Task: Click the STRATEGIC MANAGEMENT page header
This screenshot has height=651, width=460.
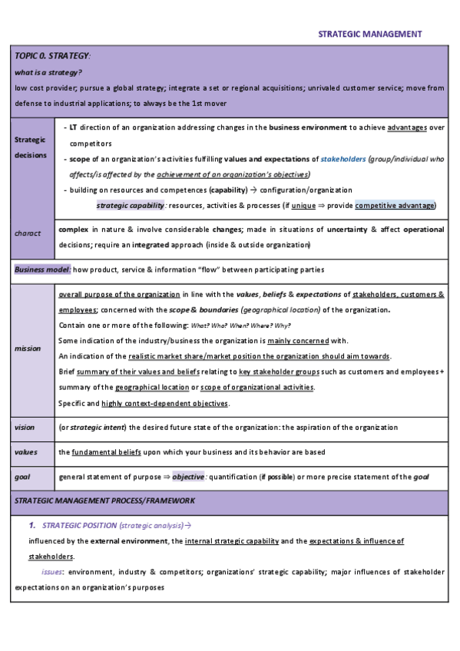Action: (369, 34)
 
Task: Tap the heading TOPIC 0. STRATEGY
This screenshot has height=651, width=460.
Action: (52, 57)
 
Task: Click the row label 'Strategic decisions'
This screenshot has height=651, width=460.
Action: (31, 147)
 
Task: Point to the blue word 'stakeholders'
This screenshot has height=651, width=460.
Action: (343, 159)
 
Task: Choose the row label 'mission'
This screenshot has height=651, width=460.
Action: (28, 348)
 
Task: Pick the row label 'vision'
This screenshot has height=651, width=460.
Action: (25, 427)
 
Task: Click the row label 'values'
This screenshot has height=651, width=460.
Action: (26, 452)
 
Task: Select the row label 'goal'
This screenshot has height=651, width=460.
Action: (22, 477)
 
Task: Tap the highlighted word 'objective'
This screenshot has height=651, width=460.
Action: (189, 477)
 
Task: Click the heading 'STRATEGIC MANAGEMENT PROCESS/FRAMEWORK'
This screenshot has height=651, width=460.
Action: (104, 501)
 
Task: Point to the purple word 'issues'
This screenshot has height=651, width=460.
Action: (52, 572)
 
